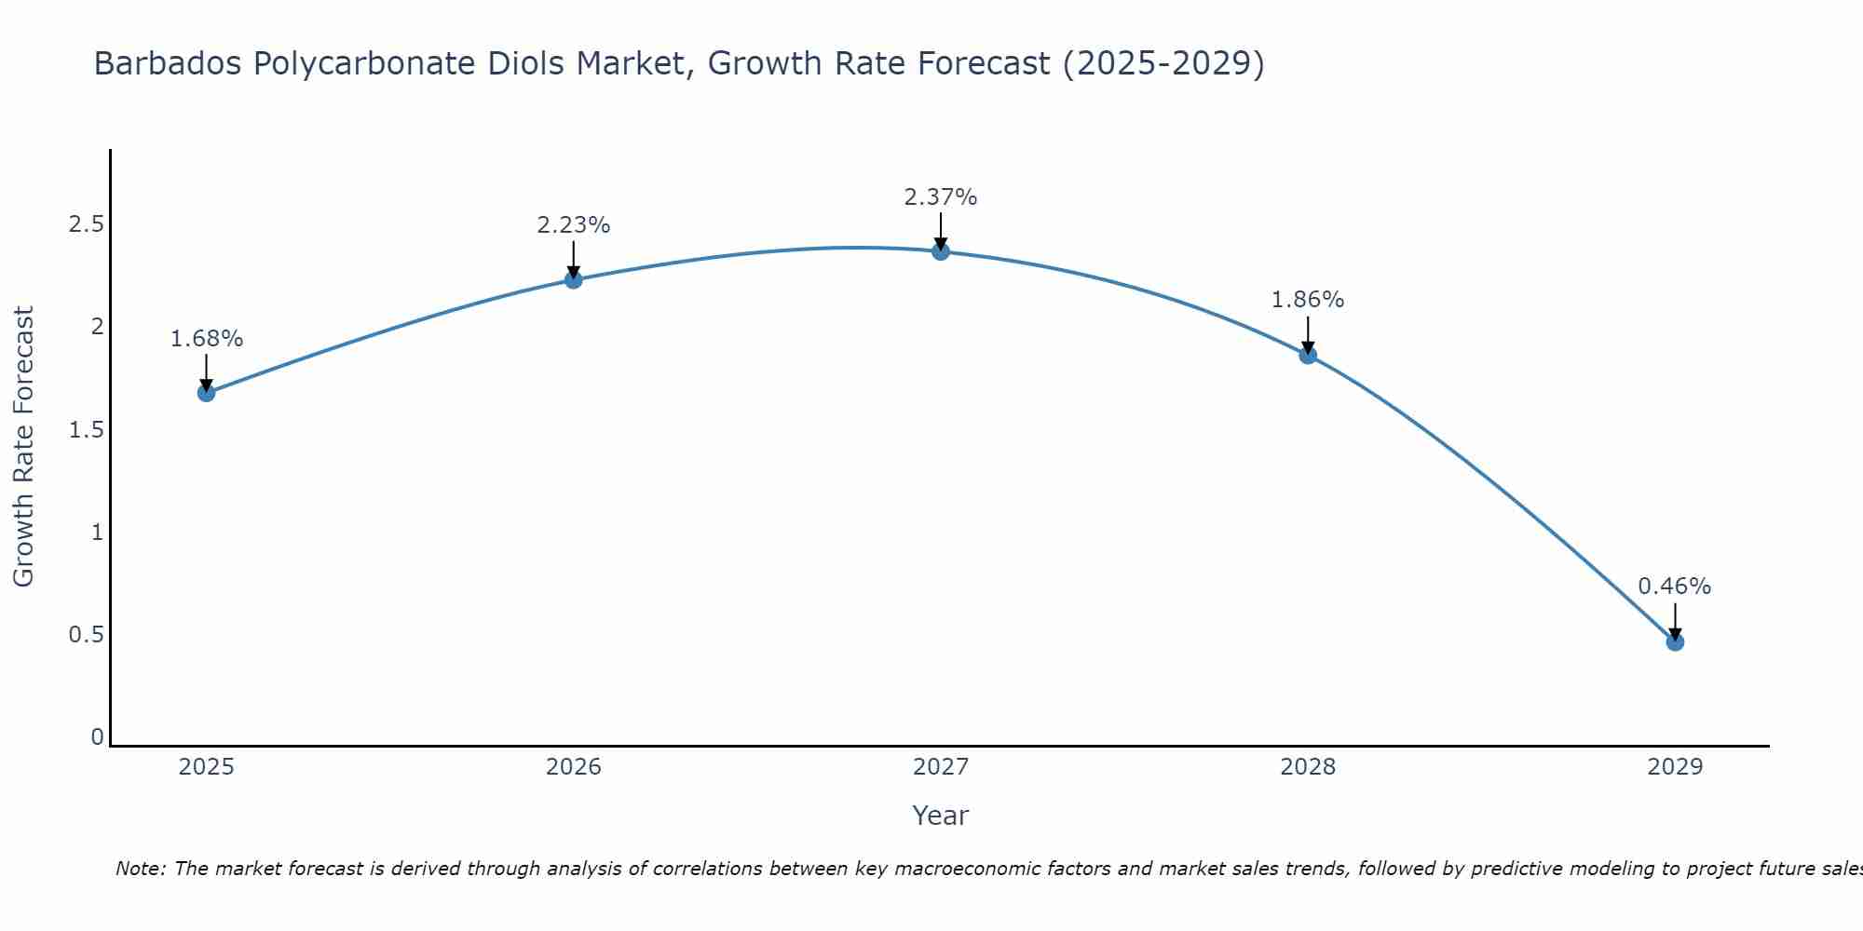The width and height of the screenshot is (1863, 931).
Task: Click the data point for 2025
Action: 206,393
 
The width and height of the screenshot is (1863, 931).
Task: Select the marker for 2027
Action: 941,251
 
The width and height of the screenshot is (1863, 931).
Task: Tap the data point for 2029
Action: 1675,641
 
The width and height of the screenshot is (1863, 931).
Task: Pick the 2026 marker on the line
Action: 574,279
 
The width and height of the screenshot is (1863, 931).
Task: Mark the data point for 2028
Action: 1308,355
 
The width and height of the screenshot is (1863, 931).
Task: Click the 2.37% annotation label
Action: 941,197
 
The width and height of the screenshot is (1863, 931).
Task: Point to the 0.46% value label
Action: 1675,587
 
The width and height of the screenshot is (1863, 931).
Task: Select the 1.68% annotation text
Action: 206,339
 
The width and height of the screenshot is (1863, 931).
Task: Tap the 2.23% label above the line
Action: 574,225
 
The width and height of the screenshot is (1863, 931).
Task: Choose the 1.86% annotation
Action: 1308,300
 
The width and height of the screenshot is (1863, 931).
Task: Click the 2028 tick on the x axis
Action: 1308,767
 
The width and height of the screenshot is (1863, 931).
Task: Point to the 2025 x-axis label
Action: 206,767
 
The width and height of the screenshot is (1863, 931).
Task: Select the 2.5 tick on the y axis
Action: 86,224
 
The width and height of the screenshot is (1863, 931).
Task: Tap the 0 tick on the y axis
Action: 97,737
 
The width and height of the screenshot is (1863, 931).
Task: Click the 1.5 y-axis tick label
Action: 86,430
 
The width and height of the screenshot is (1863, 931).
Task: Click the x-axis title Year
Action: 941,816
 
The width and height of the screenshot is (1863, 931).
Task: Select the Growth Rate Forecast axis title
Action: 23,447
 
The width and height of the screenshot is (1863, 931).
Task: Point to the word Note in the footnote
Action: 140,869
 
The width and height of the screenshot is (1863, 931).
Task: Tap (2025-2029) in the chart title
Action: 1163,63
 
